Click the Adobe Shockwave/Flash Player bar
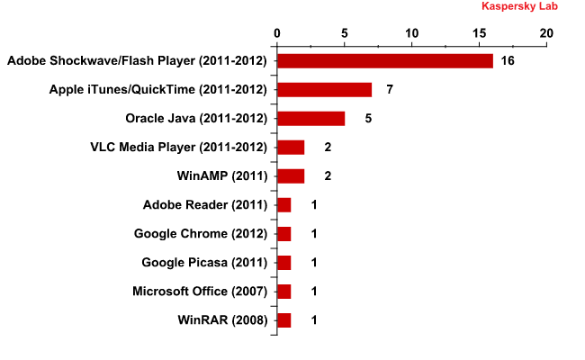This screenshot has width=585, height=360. coord(385,61)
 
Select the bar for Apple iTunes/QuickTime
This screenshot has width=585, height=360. coord(324,90)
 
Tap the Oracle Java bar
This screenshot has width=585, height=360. coord(310,119)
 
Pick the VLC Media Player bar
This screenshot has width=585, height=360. coord(291,148)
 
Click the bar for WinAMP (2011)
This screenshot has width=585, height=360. coord(291,176)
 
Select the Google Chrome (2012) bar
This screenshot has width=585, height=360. coord(283,234)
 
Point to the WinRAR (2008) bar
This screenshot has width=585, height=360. coord(283,320)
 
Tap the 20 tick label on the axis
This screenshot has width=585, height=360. coord(546,33)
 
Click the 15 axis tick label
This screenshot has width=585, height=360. coord(479,33)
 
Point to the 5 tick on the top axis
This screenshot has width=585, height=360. coord(345,33)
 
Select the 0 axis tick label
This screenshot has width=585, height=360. coord(277,33)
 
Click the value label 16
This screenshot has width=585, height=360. coord(507,61)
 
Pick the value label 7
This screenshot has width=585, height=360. coord(389,90)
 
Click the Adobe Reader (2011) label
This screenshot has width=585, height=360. coord(205,205)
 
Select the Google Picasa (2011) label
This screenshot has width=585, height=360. coord(204,263)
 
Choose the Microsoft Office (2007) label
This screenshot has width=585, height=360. coord(200,292)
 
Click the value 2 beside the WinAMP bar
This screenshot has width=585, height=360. coord(328,176)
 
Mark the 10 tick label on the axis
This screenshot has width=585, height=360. coord(412,33)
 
